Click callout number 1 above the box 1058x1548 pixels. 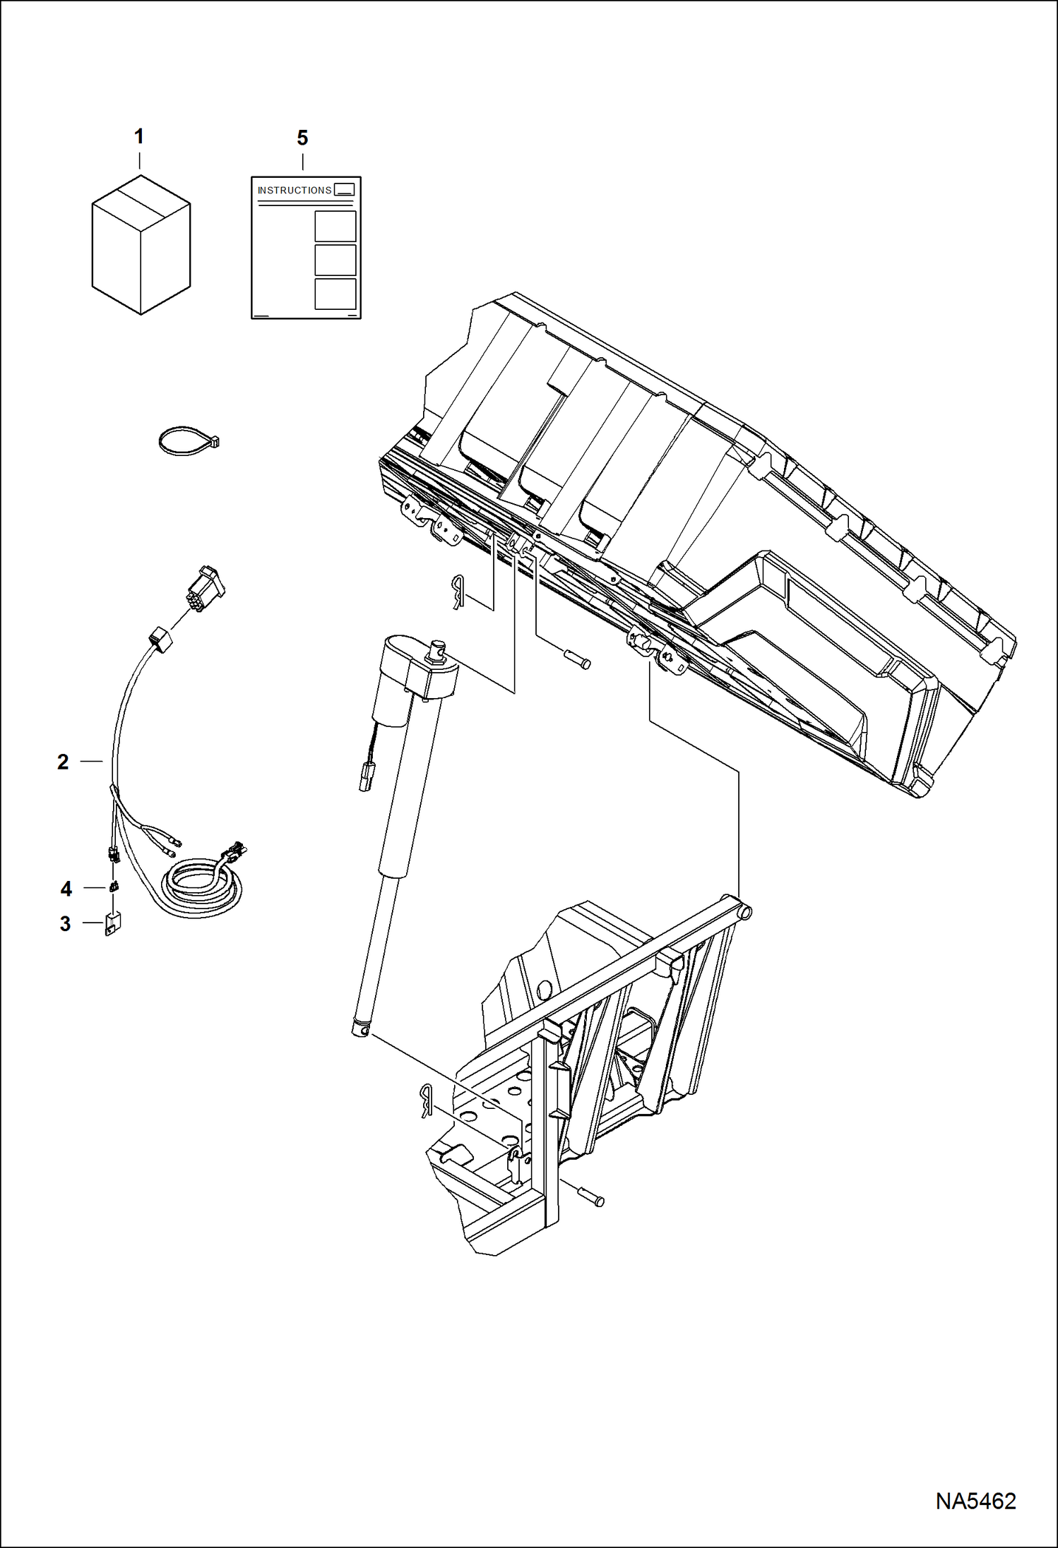pyautogui.click(x=139, y=136)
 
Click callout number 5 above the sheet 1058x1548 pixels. pyautogui.click(x=302, y=138)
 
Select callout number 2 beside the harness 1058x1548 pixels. pyautogui.click(x=63, y=762)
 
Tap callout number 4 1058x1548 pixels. pyautogui.click(x=66, y=889)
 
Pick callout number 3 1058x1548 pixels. pyautogui.click(x=65, y=923)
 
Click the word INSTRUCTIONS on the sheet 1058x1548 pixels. pyautogui.click(x=295, y=191)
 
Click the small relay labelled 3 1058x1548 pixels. pyautogui.click(x=112, y=923)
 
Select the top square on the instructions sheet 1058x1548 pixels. pyautogui.click(x=335, y=227)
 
